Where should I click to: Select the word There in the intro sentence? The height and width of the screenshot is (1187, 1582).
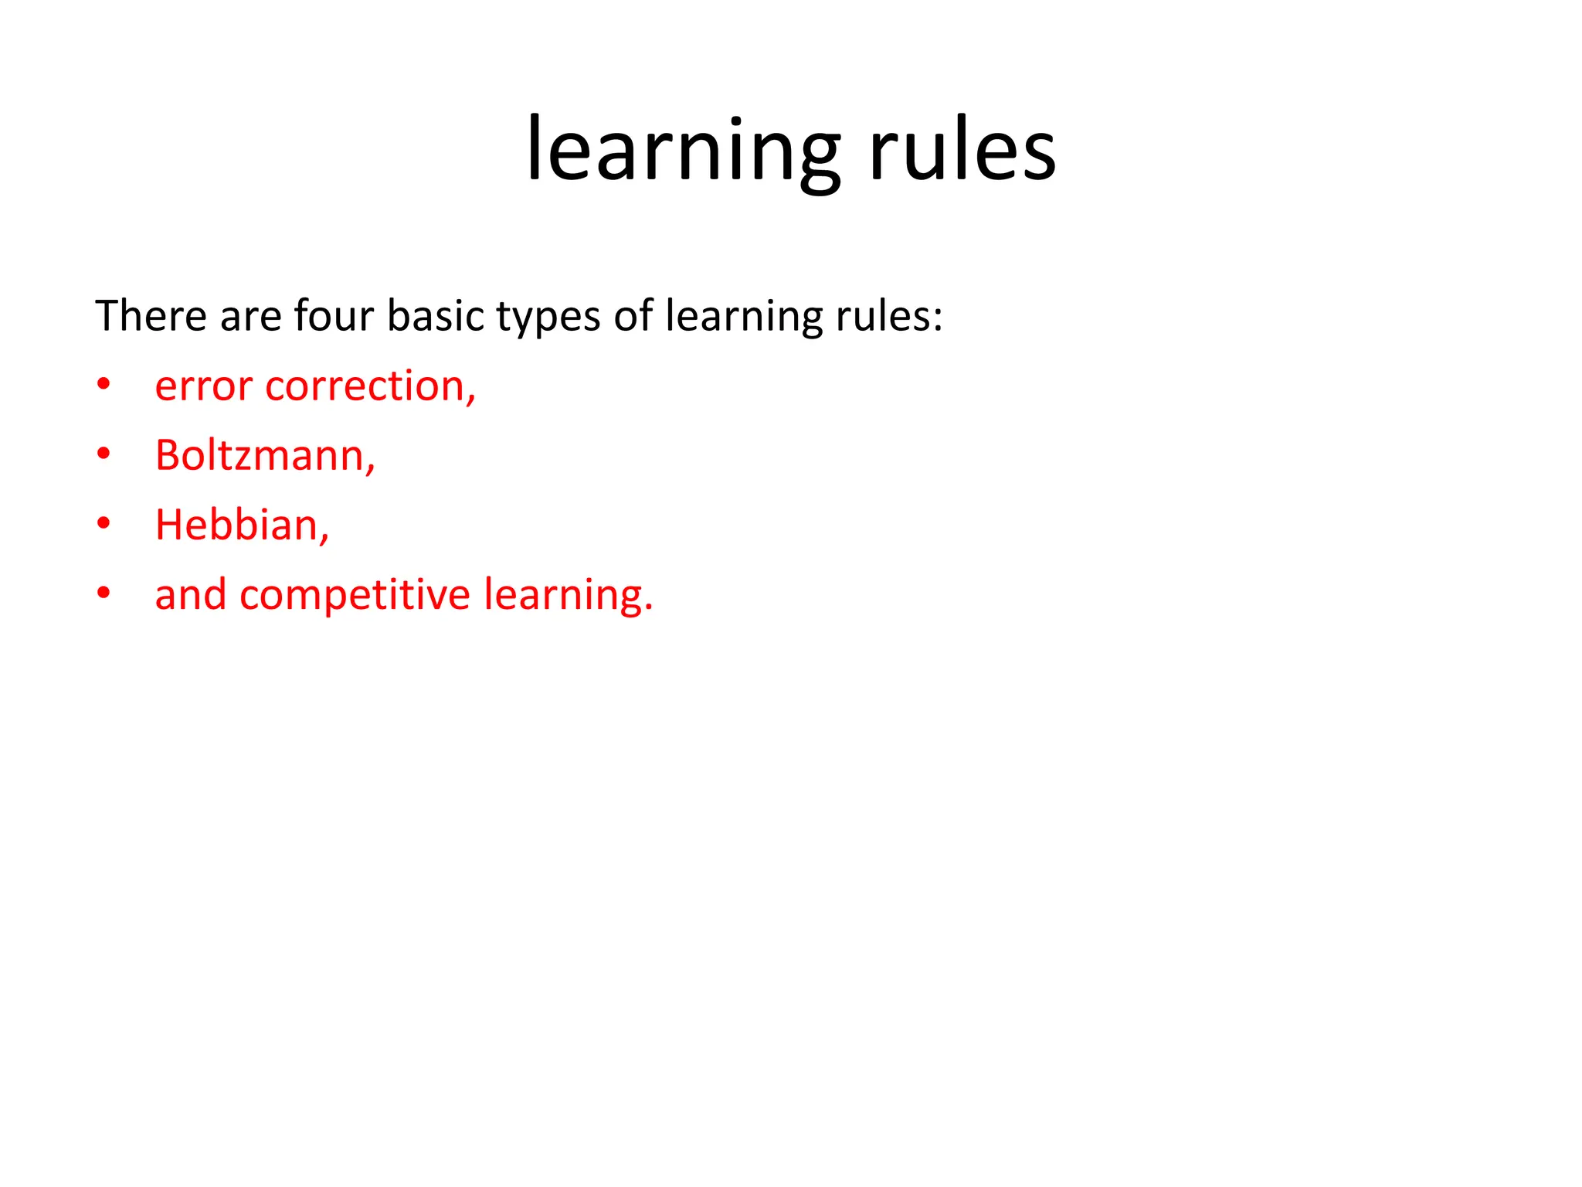tap(151, 316)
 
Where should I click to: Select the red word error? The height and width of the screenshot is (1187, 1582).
tap(203, 387)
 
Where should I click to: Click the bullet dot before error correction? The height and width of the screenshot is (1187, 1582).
tap(104, 385)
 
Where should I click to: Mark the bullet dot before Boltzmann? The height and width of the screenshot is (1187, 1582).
tap(104, 454)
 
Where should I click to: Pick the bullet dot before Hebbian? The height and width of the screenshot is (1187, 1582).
tap(104, 524)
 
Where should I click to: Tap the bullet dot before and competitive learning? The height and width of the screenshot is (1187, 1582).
tap(104, 593)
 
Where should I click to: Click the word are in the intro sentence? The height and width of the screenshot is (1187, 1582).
tap(250, 318)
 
